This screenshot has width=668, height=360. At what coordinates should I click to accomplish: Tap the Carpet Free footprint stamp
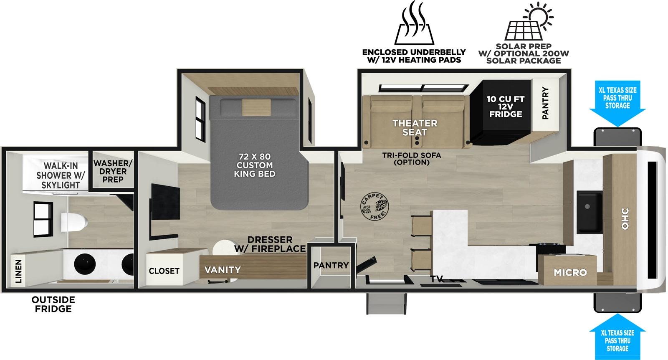click(x=374, y=207)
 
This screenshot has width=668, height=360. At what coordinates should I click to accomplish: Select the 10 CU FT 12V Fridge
click(x=505, y=106)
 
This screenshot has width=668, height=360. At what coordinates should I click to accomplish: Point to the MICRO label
click(x=570, y=272)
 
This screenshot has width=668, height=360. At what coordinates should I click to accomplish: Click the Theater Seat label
click(x=415, y=127)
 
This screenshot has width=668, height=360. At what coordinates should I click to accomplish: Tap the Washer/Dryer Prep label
click(x=113, y=171)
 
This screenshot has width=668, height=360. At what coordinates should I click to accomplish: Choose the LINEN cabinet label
click(x=18, y=271)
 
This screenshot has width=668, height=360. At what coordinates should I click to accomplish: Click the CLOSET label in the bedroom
click(x=164, y=271)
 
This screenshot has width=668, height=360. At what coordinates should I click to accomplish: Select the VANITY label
click(x=223, y=270)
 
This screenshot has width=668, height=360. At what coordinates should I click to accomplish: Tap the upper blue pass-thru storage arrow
click(x=617, y=104)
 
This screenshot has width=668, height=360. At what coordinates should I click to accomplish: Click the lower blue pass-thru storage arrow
click(x=617, y=339)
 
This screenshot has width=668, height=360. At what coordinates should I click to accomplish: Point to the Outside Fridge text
click(x=53, y=304)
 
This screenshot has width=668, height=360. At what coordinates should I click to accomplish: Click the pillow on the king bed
click(x=256, y=107)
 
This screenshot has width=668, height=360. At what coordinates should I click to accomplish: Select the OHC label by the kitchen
click(x=625, y=218)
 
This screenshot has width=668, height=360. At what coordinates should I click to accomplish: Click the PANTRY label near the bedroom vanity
click(x=331, y=265)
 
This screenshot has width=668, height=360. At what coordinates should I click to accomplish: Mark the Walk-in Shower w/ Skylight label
click(x=61, y=175)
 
